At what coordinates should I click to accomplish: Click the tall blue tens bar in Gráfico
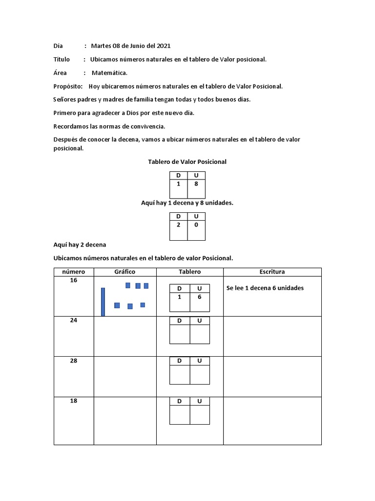pyautogui.click(x=103, y=301)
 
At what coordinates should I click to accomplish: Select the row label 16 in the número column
pyautogui.click(x=73, y=280)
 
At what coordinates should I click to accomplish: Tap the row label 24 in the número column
pyautogui.click(x=73, y=320)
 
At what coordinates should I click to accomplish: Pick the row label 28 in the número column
pyautogui.click(x=73, y=361)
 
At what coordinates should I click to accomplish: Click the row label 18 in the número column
pyautogui.click(x=73, y=401)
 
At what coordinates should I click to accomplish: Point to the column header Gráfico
pyautogui.click(x=125, y=272)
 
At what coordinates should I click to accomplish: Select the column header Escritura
pyautogui.click(x=272, y=272)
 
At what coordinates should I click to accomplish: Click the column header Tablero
pyautogui.click(x=189, y=272)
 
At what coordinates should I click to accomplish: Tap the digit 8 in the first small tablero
pyautogui.click(x=196, y=184)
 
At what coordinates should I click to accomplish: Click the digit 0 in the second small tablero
pyautogui.click(x=196, y=225)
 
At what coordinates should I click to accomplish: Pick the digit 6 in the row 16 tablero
pyautogui.click(x=199, y=297)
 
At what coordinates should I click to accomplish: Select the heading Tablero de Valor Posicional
pyautogui.click(x=187, y=161)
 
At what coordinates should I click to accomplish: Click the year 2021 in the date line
pyautogui.click(x=163, y=46)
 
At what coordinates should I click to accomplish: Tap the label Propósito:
pyautogui.click(x=68, y=86)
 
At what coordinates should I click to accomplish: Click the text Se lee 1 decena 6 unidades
pyautogui.click(x=265, y=288)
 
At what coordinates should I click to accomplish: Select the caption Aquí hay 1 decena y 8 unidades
pyautogui.click(x=187, y=203)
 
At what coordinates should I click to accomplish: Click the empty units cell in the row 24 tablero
pyautogui.click(x=199, y=334)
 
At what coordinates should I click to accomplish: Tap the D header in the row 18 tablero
pyautogui.click(x=179, y=401)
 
